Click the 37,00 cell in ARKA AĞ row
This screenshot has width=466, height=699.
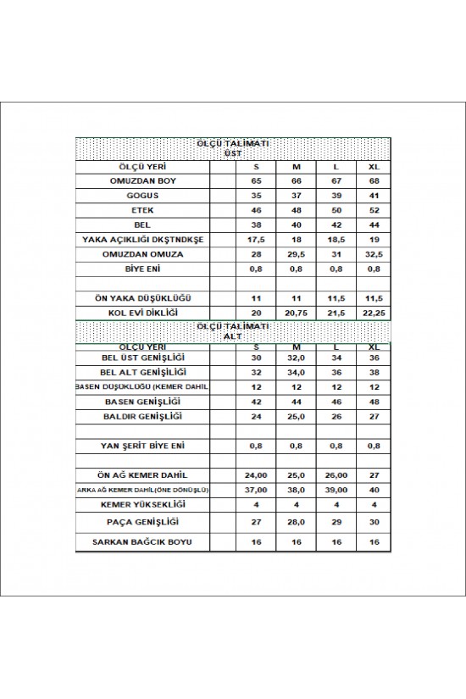[257, 491]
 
